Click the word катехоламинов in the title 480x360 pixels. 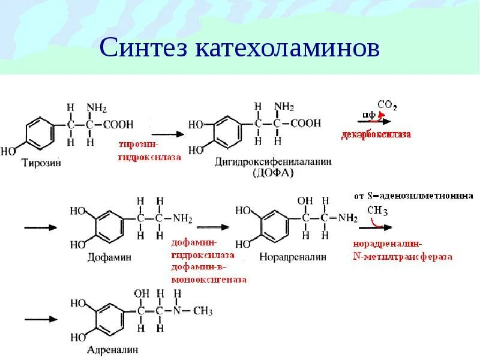287,48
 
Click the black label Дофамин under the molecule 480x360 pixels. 109,257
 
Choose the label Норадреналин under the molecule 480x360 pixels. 293,257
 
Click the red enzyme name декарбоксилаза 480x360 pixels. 377,134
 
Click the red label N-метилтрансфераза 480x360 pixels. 402,257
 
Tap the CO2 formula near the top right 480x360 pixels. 387,106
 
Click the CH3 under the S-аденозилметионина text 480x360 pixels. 377,211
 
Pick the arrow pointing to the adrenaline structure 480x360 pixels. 40,319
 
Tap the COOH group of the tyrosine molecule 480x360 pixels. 118,125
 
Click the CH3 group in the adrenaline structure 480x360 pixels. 203,311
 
